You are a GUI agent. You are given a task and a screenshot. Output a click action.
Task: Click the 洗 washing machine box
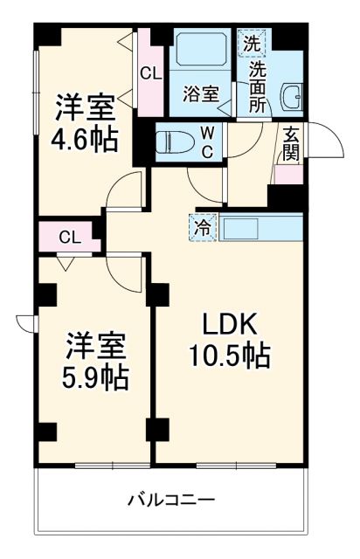pyautogui.click(x=251, y=42)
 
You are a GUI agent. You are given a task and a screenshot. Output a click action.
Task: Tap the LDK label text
pyautogui.click(x=229, y=325)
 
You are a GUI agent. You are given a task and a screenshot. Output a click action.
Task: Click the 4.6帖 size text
pyautogui.click(x=84, y=140)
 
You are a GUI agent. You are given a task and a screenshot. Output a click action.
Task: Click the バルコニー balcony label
pyautogui.click(x=170, y=501)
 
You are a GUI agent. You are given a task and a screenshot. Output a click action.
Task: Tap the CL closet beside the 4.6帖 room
pyautogui.click(x=150, y=75)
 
